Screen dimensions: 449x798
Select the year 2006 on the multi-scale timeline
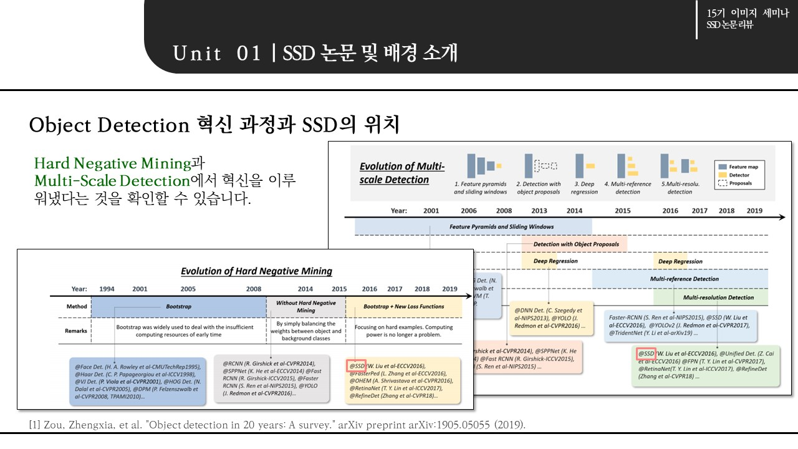[x=469, y=211]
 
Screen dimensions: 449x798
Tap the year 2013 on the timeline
[x=539, y=211]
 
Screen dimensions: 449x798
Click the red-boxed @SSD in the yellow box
[x=356, y=365]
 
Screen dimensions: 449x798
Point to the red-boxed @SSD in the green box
[x=645, y=354]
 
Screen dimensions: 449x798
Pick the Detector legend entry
[x=739, y=175]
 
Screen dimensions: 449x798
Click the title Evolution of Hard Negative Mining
[x=256, y=271]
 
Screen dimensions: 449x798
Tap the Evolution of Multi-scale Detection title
[x=402, y=173]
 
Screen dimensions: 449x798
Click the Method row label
[x=77, y=307]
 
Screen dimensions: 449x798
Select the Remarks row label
[x=76, y=331]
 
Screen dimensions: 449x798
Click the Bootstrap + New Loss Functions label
[x=403, y=307]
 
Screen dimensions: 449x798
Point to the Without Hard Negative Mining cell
[x=305, y=306]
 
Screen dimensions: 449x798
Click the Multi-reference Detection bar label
[x=684, y=279]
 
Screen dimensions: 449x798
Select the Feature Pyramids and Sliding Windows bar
[x=501, y=227]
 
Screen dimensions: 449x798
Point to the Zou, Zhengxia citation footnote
[x=277, y=425]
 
